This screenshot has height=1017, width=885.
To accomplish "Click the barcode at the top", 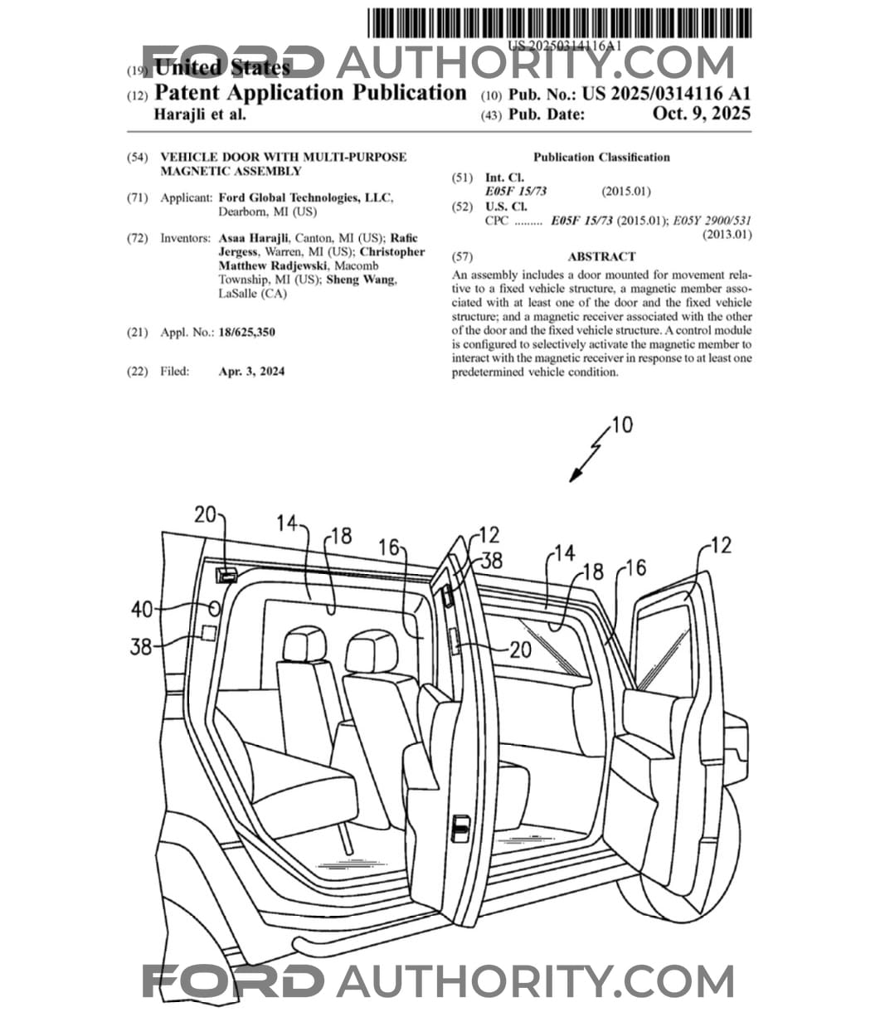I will tap(559, 22).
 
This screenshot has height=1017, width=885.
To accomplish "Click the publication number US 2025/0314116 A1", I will tap(665, 94).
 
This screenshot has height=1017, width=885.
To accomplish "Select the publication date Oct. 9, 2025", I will tap(701, 114).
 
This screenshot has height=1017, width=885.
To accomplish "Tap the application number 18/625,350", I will tap(246, 332).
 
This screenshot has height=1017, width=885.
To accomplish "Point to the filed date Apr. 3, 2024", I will tap(251, 371).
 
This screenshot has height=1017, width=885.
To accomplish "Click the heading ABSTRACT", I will tap(601, 256).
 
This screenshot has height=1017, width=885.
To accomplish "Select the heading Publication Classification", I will tap(601, 157).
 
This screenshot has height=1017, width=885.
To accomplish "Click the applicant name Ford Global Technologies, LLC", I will tap(304, 197).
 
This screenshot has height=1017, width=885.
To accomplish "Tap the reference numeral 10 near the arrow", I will tap(621, 425).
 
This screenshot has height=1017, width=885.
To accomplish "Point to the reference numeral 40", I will tap(141, 609).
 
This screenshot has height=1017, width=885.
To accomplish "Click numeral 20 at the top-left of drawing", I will tap(205, 515).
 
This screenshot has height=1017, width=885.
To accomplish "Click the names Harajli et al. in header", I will tap(200, 114).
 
